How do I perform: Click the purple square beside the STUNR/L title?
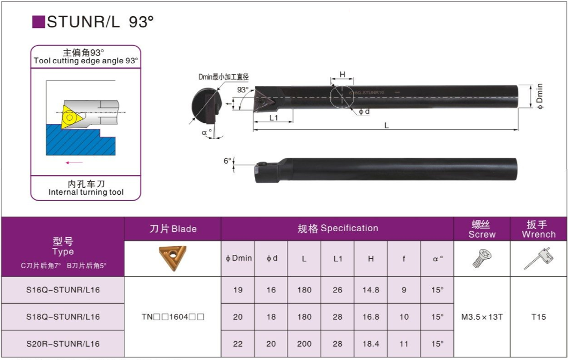tap(39, 22)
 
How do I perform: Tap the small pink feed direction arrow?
tap(74, 163)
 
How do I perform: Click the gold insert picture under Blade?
tap(172, 258)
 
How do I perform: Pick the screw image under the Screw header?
tap(482, 258)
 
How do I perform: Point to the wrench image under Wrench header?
tap(539, 258)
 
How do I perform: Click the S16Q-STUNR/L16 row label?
tap(63, 290)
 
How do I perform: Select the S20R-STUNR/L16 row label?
tap(63, 344)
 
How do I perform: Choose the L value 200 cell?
tap(304, 344)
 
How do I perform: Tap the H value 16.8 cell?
tap(371, 317)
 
